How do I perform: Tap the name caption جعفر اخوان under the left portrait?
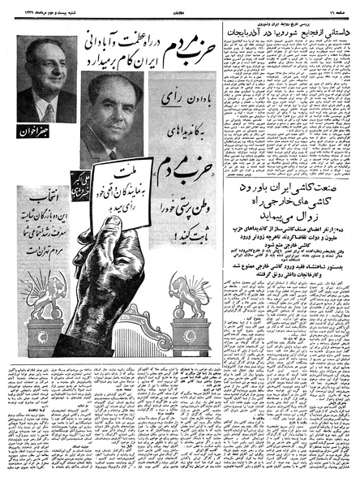pos(32,130)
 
